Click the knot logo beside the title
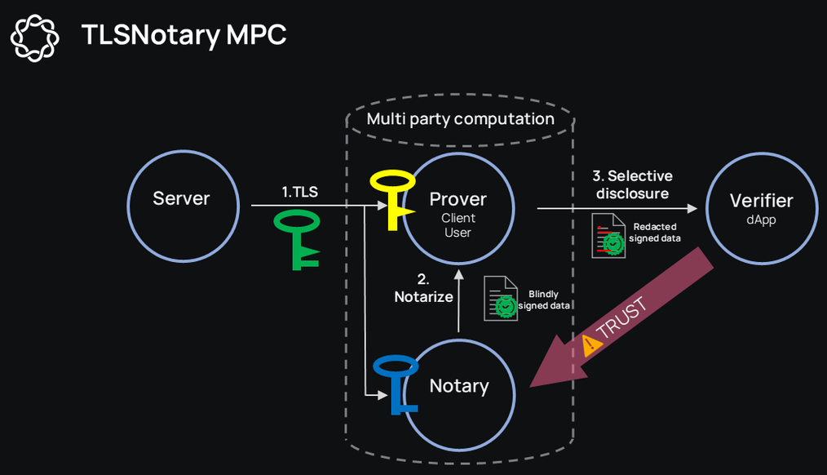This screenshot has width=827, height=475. click(35, 38)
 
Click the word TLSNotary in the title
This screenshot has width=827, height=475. click(151, 35)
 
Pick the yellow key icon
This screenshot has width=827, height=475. click(393, 199)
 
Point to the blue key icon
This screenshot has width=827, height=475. click(396, 384)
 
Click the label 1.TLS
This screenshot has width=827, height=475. click(299, 192)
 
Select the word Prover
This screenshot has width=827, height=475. click(458, 199)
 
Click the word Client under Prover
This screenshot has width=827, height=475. click(458, 218)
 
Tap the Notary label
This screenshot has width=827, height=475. click(459, 386)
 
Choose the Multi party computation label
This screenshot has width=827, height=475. click(461, 119)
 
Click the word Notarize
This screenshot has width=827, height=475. click(423, 296)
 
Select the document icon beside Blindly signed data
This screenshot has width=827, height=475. click(501, 298)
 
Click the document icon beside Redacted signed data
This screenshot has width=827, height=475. click(608, 235)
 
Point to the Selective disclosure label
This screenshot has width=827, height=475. click(632, 184)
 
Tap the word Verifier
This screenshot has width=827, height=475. click(761, 201)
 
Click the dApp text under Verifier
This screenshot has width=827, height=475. click(761, 220)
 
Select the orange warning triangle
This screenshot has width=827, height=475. click(590, 345)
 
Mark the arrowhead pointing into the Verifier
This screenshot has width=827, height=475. click(692, 208)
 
